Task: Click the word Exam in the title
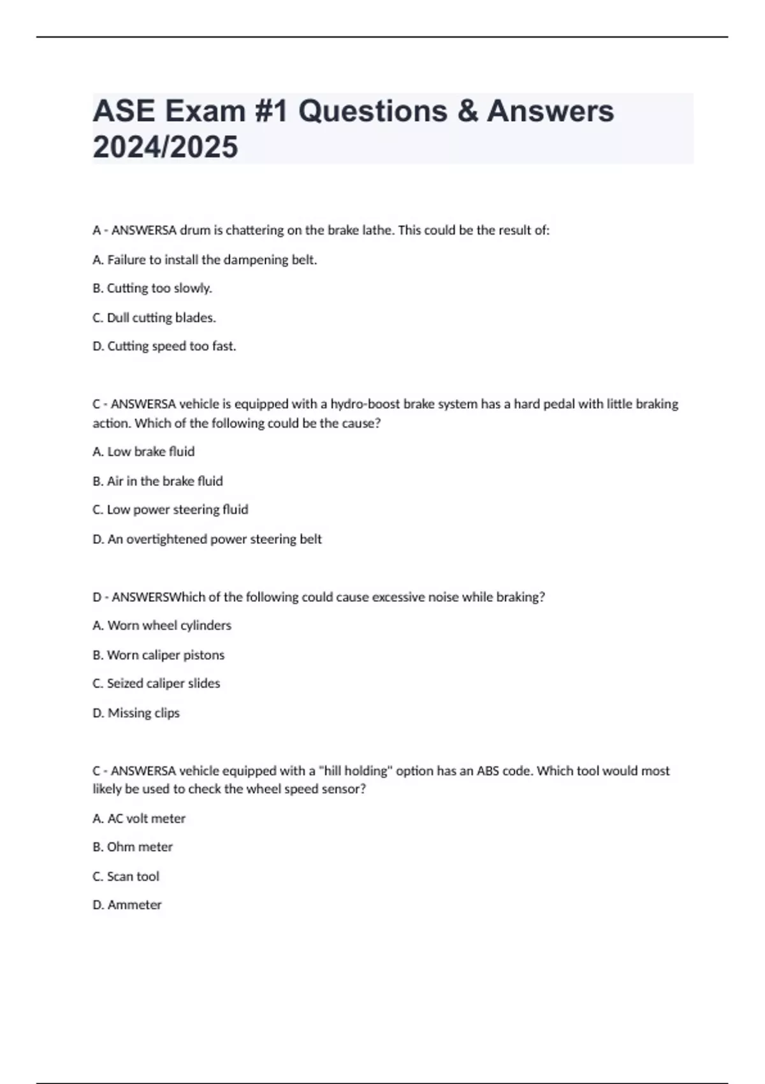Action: (205, 111)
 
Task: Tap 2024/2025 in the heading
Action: (165, 147)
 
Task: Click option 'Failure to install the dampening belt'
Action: (205, 260)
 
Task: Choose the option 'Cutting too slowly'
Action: (152, 288)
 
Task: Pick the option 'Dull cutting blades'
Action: (154, 318)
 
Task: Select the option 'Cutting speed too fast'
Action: (164, 346)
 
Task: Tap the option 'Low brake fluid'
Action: (143, 451)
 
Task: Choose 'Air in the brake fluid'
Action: (157, 481)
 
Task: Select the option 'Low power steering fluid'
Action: (170, 509)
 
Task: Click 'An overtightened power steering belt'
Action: (207, 539)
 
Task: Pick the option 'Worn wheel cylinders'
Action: (162, 626)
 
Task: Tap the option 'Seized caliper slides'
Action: (156, 684)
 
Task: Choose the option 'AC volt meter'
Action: (139, 818)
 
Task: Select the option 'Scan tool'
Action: (126, 876)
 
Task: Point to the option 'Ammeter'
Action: (127, 905)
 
